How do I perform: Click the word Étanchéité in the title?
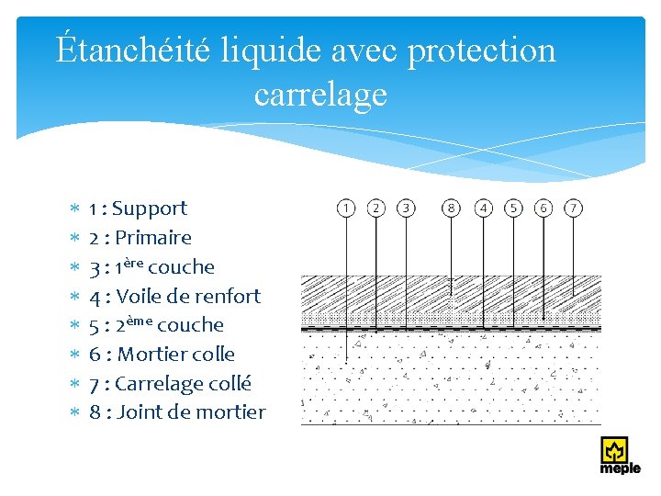(133, 50)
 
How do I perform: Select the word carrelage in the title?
(320, 94)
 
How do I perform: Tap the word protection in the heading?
(481, 50)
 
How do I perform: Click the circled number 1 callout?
(345, 208)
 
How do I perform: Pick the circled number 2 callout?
(375, 208)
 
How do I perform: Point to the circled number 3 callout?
(405, 208)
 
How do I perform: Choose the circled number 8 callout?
(451, 208)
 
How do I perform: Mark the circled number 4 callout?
(484, 208)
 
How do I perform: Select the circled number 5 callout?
(513, 208)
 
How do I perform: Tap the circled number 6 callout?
(543, 208)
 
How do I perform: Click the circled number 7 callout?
(574, 208)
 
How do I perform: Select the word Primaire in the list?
(153, 238)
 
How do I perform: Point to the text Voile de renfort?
(188, 296)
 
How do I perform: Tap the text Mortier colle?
(176, 354)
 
